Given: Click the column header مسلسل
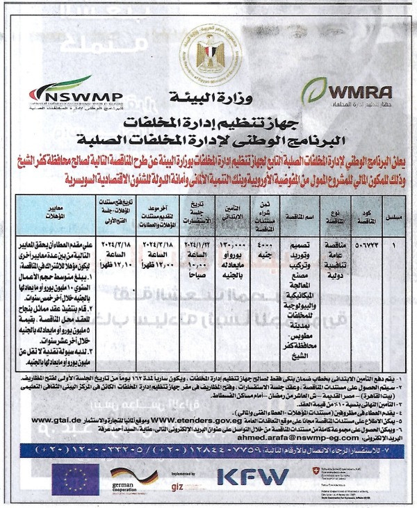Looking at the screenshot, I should coord(395,217).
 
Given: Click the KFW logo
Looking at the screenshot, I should coord(253,477).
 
